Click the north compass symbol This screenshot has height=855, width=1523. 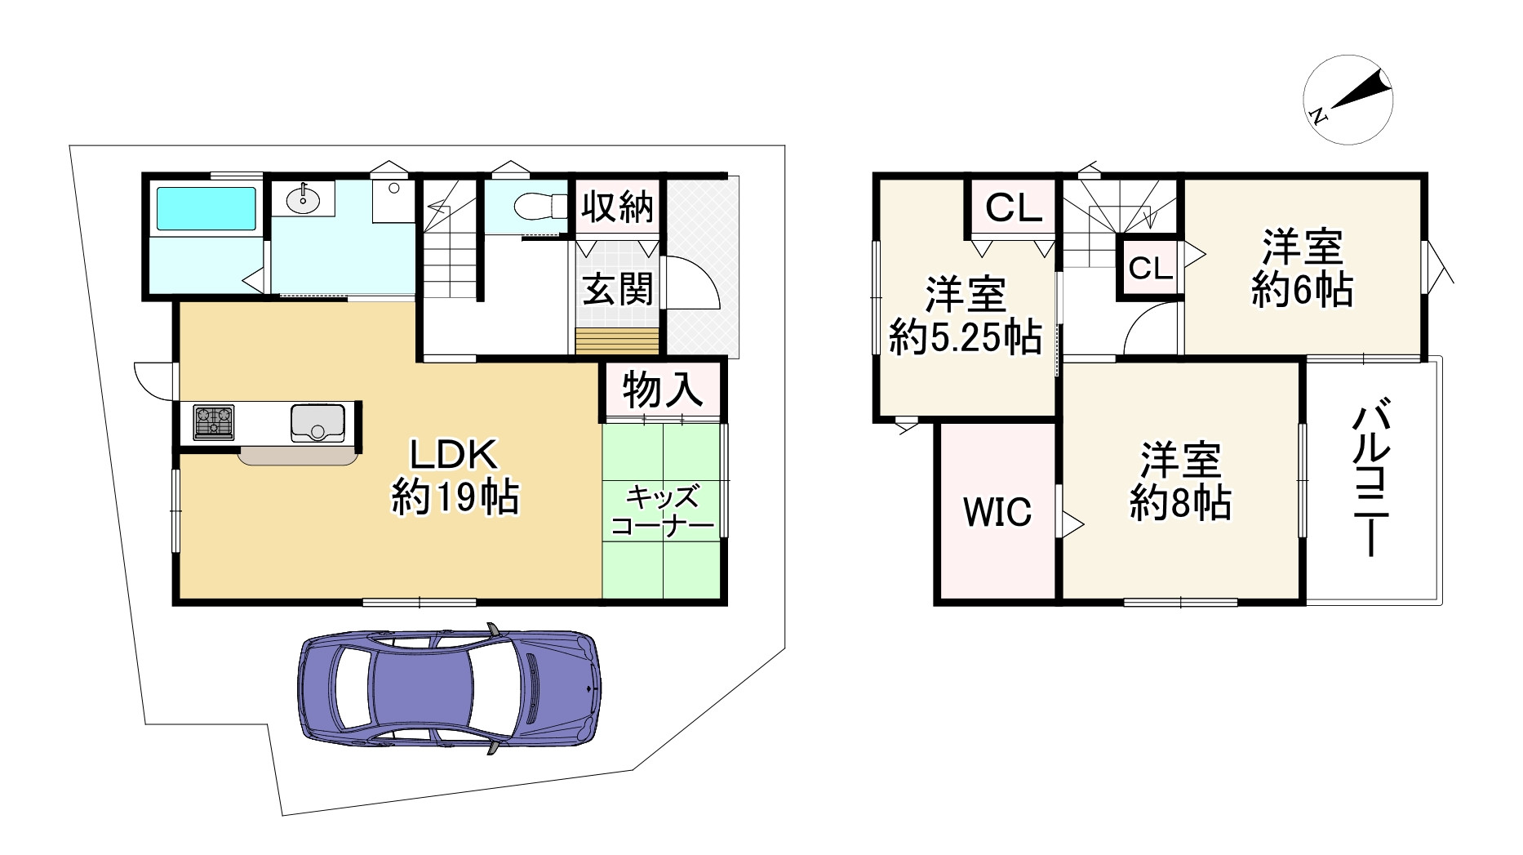[1348, 100]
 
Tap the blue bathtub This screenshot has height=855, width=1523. [206, 209]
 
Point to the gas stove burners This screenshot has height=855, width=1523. [213, 422]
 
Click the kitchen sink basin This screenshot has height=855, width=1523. [317, 422]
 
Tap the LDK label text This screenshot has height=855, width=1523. [453, 455]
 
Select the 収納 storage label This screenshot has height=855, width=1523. [619, 207]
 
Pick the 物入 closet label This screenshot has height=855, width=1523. [663, 390]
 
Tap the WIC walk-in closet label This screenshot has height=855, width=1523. [997, 512]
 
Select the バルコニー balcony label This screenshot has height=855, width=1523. [1370, 480]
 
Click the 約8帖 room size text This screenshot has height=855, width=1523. [1181, 504]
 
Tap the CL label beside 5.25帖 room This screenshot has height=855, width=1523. [1014, 208]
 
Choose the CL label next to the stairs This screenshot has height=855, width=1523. [1151, 268]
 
